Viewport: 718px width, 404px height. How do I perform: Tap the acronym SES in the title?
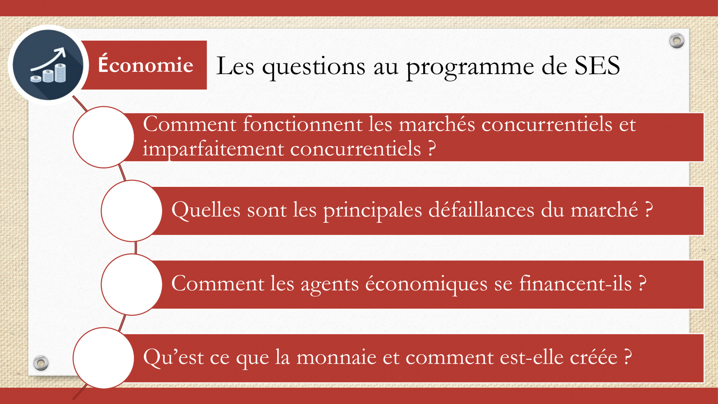coord(597,66)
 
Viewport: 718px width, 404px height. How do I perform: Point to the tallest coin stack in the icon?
coord(60,73)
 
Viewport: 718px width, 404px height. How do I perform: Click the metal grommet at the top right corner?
coord(677,41)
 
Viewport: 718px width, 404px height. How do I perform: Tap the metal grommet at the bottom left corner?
coord(41,363)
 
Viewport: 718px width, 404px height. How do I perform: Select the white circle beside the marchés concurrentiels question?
coord(103,137)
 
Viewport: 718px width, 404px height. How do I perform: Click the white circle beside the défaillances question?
coord(131,211)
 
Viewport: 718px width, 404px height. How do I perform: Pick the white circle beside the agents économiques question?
coord(131,284)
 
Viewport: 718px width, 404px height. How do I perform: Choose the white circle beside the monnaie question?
coord(103,358)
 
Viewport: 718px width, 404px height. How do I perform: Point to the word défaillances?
coord(481,210)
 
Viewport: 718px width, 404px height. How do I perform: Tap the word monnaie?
coord(337,357)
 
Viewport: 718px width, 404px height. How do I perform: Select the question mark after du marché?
coord(649,210)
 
